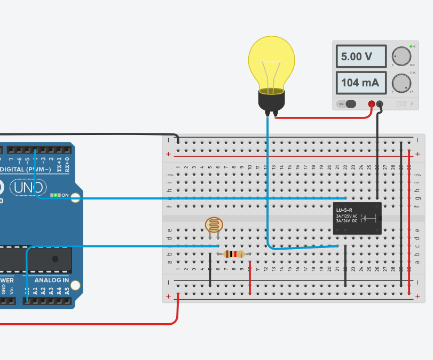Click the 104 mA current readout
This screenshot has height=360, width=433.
361,83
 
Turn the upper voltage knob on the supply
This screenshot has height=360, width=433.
401,56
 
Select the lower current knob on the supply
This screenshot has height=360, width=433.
401,83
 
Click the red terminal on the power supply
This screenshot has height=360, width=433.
371,104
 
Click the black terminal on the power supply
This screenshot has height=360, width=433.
380,104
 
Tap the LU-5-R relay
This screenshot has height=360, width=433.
357,218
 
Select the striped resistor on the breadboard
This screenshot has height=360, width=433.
234,254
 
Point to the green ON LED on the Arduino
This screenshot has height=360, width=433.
55,196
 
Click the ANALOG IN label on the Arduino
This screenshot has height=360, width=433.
52,280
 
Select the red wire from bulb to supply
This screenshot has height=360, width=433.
326,118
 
